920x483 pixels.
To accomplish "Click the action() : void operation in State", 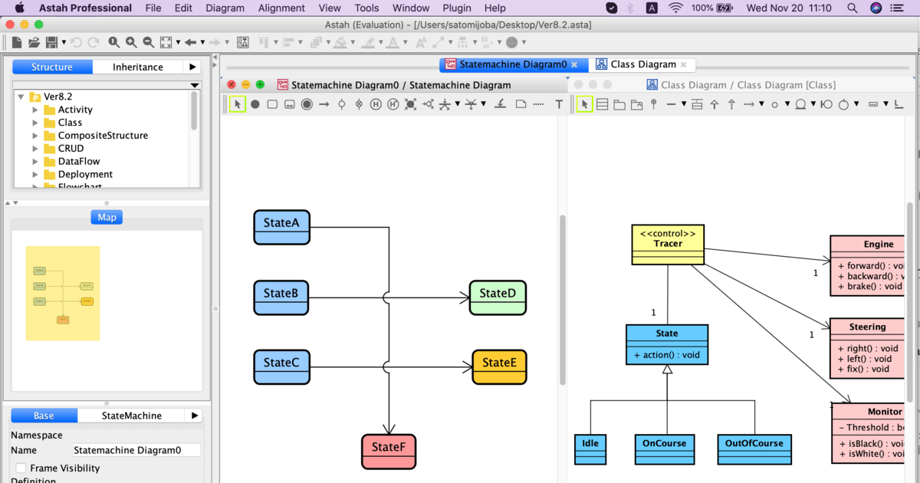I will (666, 355).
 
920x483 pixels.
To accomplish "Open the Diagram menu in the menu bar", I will (225, 8).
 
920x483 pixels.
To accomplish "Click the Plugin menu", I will (457, 8).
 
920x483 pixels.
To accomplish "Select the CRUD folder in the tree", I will (71, 148).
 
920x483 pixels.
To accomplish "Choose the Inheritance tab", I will (138, 67).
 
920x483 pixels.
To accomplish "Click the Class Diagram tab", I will (643, 64).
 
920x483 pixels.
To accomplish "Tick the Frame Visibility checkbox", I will (21, 468).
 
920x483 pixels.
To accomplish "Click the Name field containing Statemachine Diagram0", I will (136, 450).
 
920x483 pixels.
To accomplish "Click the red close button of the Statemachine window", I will (231, 84).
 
